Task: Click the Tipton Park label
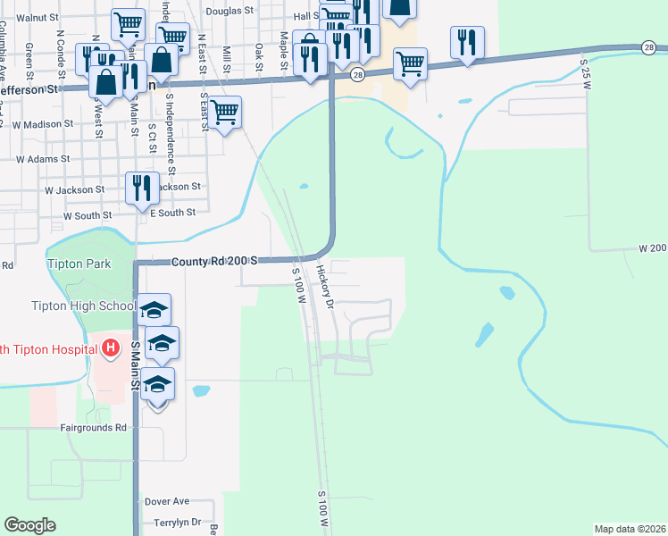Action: (79, 264)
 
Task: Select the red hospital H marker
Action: (111, 347)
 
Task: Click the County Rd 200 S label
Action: (215, 260)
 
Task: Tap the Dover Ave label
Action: (167, 502)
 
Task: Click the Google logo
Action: (30, 525)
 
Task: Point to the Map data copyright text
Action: (629, 529)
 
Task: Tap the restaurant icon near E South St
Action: (142, 188)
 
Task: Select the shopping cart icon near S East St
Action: (225, 112)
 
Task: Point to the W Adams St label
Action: (42, 158)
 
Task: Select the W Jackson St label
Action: (74, 190)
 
